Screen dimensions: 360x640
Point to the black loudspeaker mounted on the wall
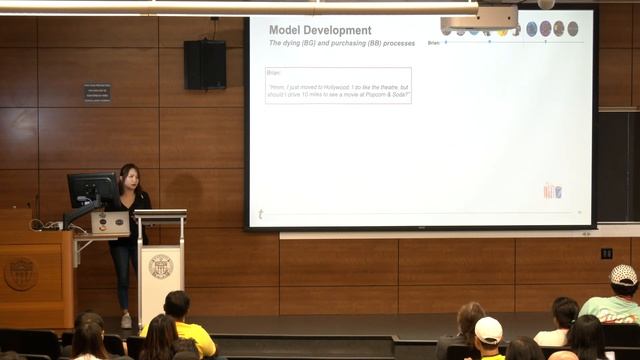pos(205,64)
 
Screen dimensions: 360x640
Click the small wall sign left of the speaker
pos(98,92)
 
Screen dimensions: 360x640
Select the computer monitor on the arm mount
pos(92,188)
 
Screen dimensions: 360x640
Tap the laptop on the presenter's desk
pos(109,222)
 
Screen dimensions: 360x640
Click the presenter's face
pos(129,175)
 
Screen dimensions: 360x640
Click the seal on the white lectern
pos(160,267)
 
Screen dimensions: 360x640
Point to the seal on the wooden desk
pos(20,273)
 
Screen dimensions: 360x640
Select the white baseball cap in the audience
pos(488,329)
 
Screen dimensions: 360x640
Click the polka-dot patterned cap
pos(623,275)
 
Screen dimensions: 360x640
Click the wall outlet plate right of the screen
pos(606,254)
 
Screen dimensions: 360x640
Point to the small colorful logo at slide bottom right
pos(552,190)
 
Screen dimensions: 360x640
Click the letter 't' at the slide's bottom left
pos(261,214)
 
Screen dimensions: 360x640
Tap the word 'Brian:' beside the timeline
pos(433,43)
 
